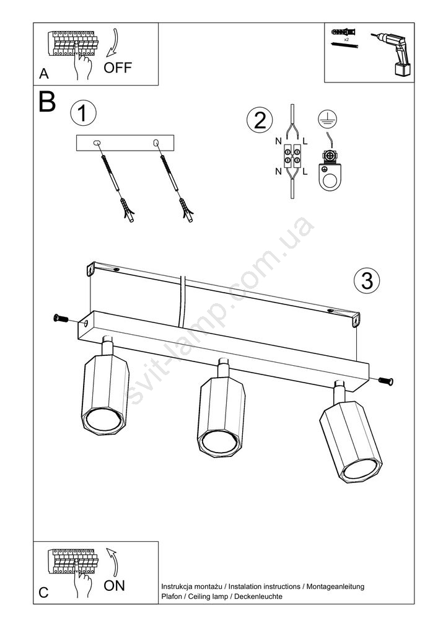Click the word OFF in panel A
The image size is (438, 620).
click(117, 68)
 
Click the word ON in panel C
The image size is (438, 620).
click(114, 586)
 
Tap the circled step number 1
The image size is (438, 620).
click(83, 113)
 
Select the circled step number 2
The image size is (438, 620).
click(260, 120)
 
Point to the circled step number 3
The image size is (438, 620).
click(367, 281)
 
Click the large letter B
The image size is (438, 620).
click(48, 102)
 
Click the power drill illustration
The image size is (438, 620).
click(393, 53)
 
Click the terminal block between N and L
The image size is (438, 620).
click(292, 156)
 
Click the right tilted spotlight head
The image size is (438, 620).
click(351, 440)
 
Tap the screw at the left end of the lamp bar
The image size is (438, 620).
click(61, 317)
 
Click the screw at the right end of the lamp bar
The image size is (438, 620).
click(386, 381)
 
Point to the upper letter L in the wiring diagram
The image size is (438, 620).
click(305, 141)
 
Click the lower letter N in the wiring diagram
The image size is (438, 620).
click(278, 171)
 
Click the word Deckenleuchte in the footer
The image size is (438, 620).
click(258, 596)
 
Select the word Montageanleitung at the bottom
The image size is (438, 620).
click(335, 587)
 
